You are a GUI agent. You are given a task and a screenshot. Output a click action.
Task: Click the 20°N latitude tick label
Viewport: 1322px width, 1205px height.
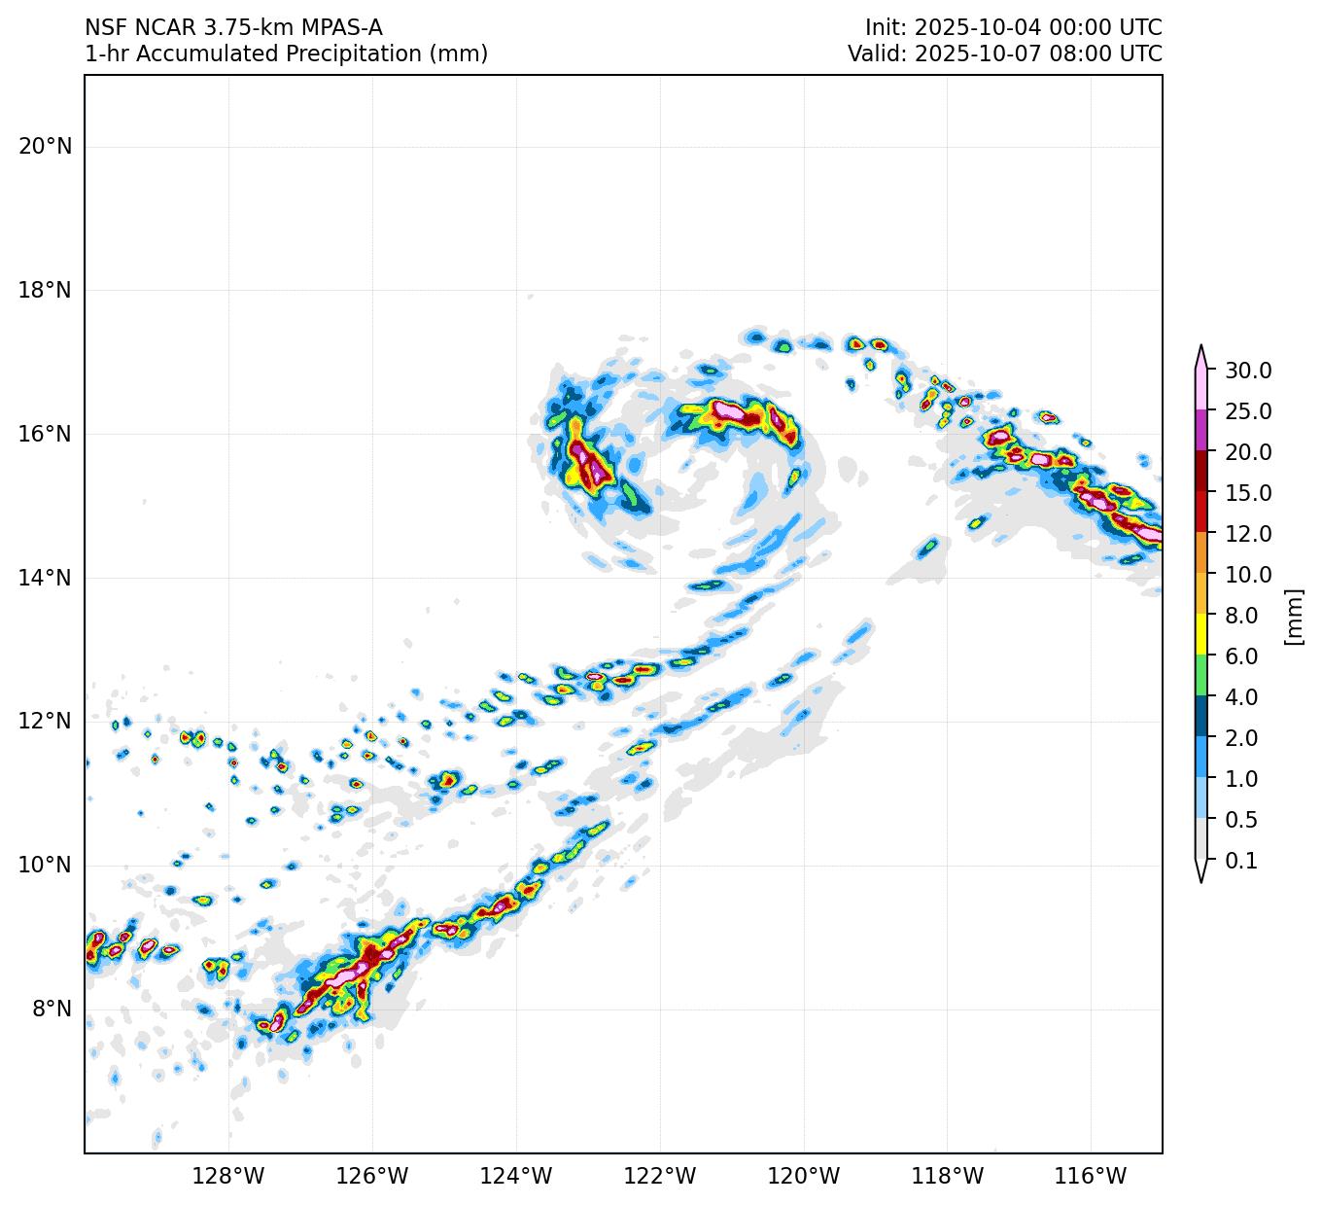(45, 147)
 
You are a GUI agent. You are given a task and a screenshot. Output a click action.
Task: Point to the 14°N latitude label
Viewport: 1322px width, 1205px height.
(45, 579)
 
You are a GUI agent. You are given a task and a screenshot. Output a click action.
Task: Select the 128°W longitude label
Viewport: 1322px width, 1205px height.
(228, 1177)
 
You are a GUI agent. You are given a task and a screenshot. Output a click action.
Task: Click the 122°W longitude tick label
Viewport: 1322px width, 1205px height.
(660, 1177)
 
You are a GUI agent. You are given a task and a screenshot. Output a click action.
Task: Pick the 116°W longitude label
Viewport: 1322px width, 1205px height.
(1092, 1177)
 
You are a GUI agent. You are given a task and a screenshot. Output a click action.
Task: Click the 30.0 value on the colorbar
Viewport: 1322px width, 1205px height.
(1248, 371)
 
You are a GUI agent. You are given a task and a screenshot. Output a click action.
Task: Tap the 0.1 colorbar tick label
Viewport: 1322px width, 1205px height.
(1241, 861)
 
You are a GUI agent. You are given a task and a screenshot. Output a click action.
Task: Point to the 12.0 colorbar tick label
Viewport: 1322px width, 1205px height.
(1248, 534)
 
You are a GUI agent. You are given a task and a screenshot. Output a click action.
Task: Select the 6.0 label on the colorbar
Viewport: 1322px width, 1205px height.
(1241, 656)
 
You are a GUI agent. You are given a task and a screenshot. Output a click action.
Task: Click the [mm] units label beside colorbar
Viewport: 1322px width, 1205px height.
(1293, 616)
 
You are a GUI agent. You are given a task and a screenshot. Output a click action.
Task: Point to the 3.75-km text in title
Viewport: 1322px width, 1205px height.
(248, 27)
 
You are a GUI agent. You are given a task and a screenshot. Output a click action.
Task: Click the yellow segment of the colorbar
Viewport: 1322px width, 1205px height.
(1201, 635)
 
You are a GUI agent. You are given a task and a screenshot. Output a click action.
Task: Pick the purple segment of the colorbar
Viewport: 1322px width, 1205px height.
(1201, 431)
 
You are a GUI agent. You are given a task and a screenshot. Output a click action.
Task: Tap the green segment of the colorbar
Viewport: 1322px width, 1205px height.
(1201, 676)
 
